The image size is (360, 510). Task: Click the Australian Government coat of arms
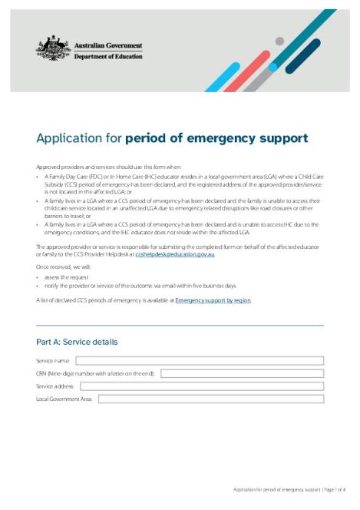(x=53, y=49)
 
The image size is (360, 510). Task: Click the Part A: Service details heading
(x=77, y=342)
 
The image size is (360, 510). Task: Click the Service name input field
(x=200, y=360)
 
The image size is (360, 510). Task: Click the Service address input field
(x=202, y=386)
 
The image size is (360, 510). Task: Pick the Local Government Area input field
(x=211, y=399)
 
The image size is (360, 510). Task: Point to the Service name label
(x=53, y=360)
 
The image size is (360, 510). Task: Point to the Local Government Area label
(x=64, y=399)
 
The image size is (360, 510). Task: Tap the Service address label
(x=55, y=386)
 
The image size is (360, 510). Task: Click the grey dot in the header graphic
(x=279, y=41)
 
